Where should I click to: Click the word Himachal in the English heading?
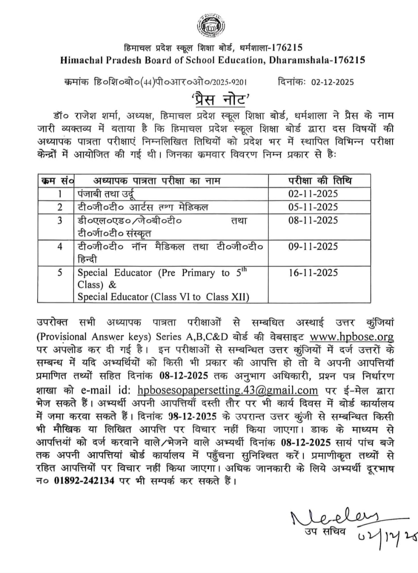pos(83,60)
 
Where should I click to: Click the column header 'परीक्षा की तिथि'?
pos(319,180)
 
